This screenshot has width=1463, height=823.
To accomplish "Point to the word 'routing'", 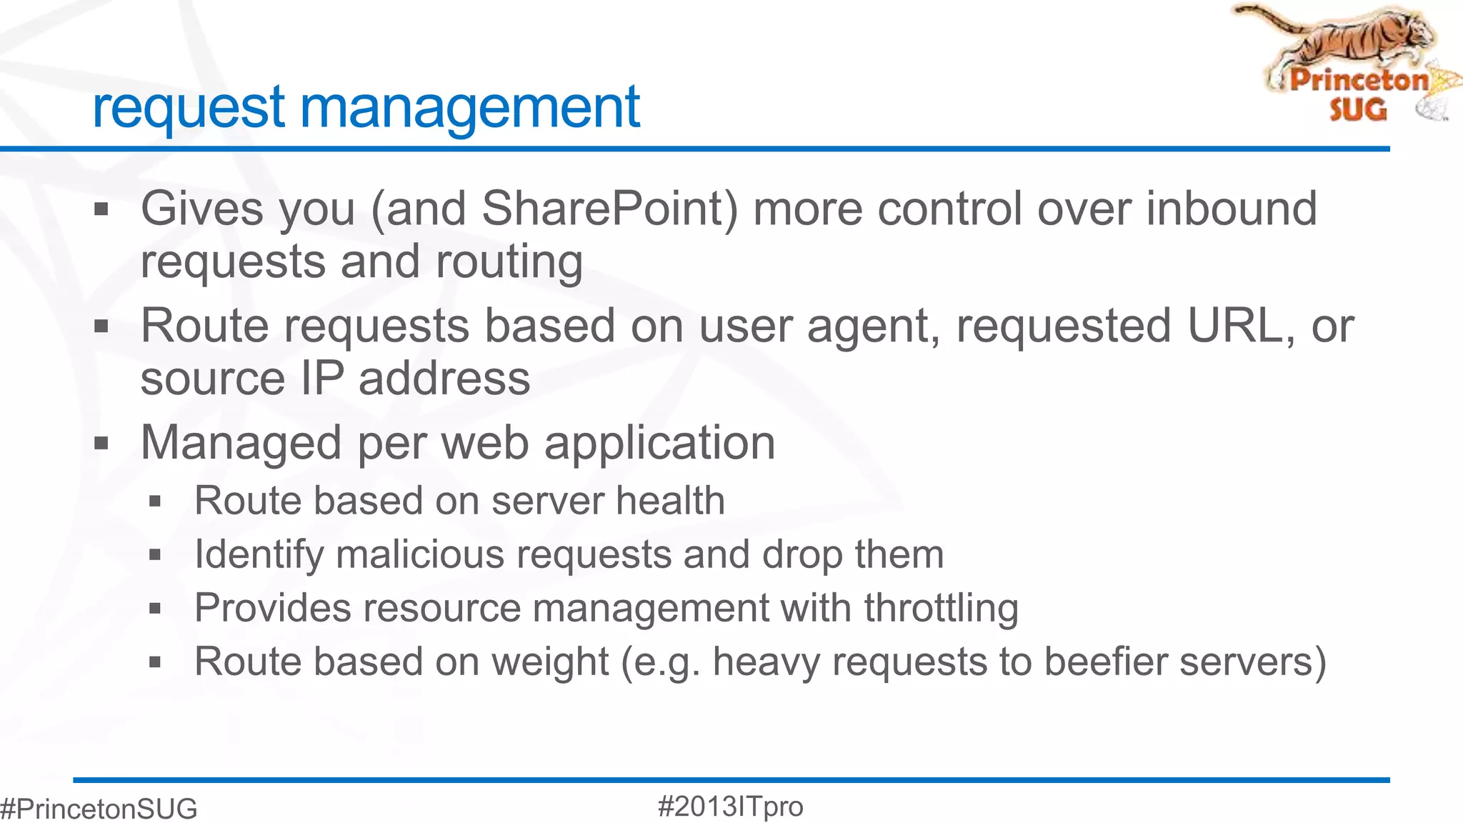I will pos(509,262).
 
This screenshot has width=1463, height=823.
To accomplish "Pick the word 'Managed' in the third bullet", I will pos(241,443).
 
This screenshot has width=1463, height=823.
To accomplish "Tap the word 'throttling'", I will pos(941,608).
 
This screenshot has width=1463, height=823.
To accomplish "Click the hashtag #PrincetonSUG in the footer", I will pos(99,809).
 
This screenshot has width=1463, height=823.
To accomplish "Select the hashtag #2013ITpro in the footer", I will pos(730,807).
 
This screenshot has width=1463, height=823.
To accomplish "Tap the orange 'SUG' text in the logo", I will pos(1357,109).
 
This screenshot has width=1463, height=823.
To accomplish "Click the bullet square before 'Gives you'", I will pos(101,210).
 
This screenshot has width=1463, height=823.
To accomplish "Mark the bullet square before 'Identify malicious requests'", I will pos(155,555).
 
